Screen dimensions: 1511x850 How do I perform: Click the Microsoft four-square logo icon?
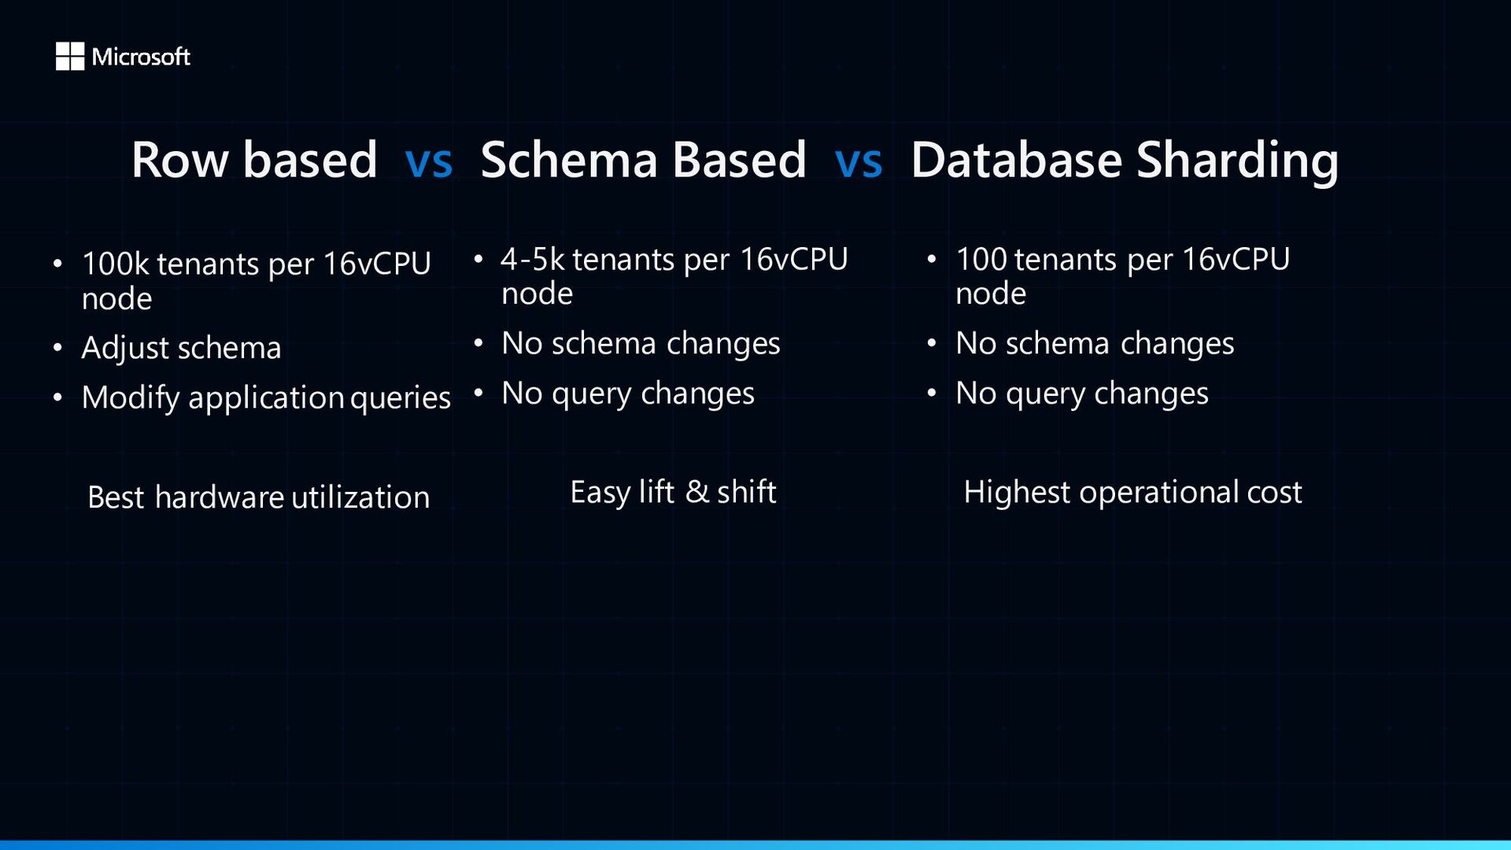(x=70, y=56)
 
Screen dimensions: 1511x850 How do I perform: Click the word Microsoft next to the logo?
(x=141, y=57)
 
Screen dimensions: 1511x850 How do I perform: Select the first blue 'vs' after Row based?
(x=429, y=161)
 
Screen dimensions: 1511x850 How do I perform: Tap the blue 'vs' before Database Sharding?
(x=859, y=161)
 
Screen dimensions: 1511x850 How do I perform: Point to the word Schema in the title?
(x=568, y=160)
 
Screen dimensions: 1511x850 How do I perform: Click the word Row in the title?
(x=180, y=161)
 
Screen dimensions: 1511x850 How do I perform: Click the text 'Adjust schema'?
(x=181, y=349)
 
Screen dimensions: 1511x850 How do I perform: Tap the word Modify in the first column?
(x=131, y=398)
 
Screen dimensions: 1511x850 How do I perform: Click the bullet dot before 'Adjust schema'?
(x=57, y=347)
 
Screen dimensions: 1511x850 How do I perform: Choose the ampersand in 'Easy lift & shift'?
(x=697, y=492)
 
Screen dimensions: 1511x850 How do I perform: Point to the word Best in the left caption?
(x=116, y=497)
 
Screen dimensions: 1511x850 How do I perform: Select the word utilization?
(x=360, y=497)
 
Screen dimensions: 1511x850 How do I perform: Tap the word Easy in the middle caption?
(x=600, y=493)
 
